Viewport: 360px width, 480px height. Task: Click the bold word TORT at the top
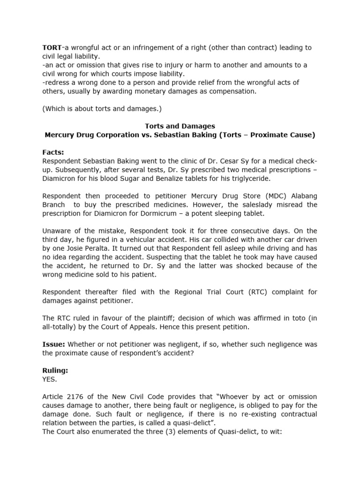coord(52,48)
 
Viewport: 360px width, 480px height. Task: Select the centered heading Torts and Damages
coord(180,126)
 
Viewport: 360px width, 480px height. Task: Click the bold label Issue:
coord(54,344)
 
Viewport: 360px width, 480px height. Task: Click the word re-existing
coord(223,414)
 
